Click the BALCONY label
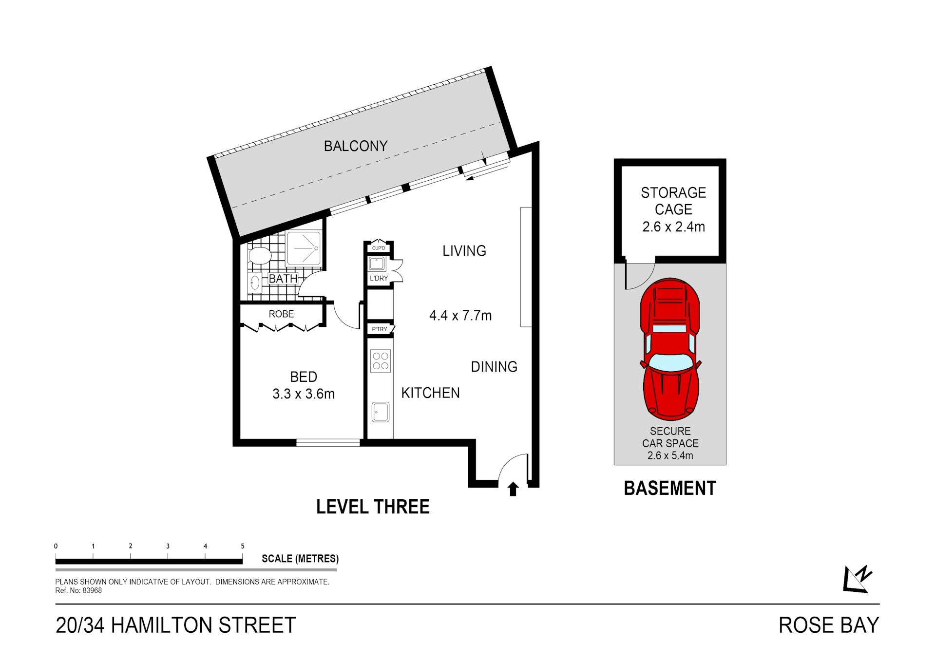356,146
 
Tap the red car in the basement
671,349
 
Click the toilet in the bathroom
260,255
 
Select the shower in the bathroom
304,248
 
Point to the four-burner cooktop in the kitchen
381,361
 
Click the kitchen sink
381,412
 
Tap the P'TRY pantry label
380,329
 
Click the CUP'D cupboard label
379,248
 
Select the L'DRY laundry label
379,279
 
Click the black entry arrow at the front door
513,489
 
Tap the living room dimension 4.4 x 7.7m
460,316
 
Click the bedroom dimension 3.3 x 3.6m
304,394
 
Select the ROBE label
281,314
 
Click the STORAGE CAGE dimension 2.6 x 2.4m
673,227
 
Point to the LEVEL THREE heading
373,507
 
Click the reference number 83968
92,590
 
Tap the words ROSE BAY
829,625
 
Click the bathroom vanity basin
255,283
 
